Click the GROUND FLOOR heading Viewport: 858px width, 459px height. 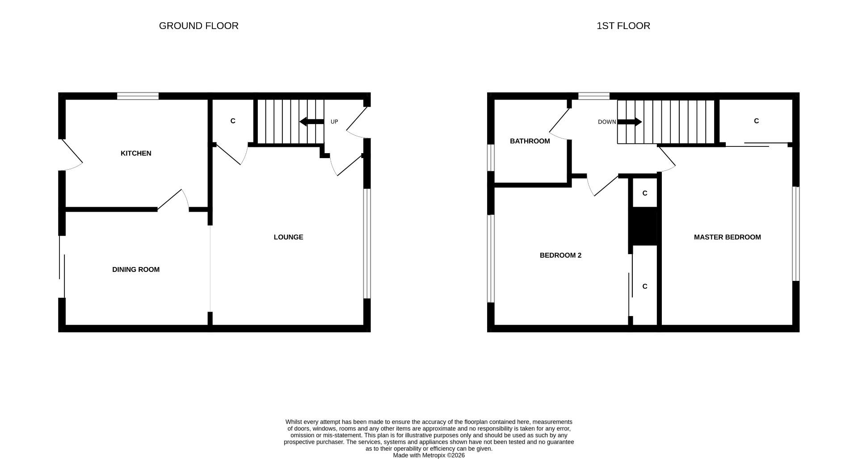pyautogui.click(x=198, y=26)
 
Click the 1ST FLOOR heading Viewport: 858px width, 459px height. pyautogui.click(x=623, y=26)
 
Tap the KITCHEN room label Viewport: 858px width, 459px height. pyautogui.click(x=136, y=153)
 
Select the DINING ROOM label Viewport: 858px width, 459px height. pyautogui.click(x=135, y=269)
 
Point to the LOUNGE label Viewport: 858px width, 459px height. pyautogui.click(x=288, y=237)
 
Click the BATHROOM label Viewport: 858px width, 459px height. pyautogui.click(x=530, y=141)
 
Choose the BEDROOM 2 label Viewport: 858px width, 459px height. pyautogui.click(x=560, y=255)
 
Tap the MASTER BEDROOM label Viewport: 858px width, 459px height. pyautogui.click(x=727, y=237)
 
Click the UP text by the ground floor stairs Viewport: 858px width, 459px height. pyautogui.click(x=334, y=122)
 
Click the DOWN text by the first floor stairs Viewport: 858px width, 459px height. pyautogui.click(x=606, y=122)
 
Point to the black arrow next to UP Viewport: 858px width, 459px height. pyautogui.click(x=311, y=121)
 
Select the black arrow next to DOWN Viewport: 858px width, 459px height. pyautogui.click(x=630, y=121)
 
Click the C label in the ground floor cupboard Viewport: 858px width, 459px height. pyautogui.click(x=232, y=121)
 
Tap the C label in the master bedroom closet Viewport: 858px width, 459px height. pyautogui.click(x=756, y=121)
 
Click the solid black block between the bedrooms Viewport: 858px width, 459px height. pyautogui.click(x=643, y=226)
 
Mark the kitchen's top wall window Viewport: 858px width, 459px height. pyautogui.click(x=138, y=96)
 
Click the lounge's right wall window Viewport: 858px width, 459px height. pyautogui.click(x=367, y=243)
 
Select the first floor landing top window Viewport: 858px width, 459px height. pyautogui.click(x=593, y=96)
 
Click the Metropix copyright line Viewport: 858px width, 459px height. pyautogui.click(x=429, y=455)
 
